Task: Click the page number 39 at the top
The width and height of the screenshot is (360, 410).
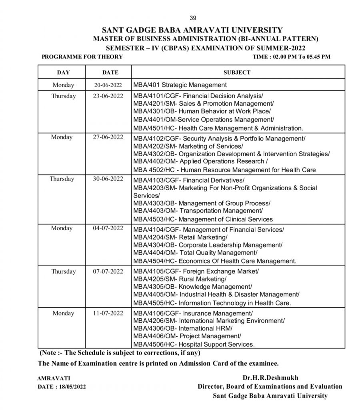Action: pos(193,18)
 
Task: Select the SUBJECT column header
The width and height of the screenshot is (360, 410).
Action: pos(237,72)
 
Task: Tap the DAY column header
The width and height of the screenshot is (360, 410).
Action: pos(63,72)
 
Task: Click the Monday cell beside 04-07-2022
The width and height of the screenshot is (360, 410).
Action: pos(62,228)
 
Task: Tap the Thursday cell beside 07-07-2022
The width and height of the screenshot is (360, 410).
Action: pos(63,271)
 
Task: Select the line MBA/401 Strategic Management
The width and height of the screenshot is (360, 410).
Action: pos(180,85)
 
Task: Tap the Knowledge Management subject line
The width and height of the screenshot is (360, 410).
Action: pos(192,287)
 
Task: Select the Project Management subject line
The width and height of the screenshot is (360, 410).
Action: pos(188,336)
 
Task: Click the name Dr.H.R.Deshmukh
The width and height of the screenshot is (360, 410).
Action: pos(270,378)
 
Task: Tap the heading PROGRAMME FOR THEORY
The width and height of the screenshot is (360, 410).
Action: pos(82,57)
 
